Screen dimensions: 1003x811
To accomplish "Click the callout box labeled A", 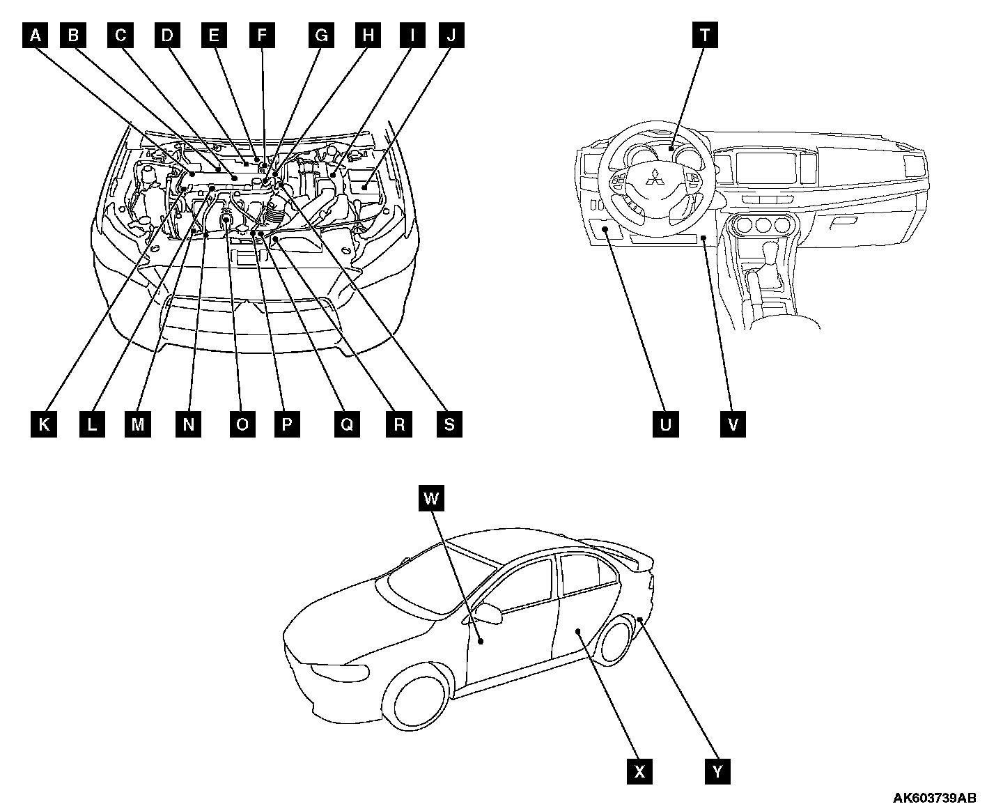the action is tap(35, 35).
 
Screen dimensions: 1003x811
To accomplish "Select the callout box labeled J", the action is tap(451, 35).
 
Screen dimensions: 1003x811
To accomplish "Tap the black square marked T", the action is tap(705, 35).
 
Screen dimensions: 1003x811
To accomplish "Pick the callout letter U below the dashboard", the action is tap(665, 424).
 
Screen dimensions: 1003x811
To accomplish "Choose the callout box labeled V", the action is tap(733, 424).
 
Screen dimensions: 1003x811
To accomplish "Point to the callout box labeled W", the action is tap(432, 498).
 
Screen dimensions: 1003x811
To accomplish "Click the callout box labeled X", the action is tap(639, 771).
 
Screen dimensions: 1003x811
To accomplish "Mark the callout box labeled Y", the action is tap(717, 771).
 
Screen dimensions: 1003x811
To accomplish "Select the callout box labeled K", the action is tap(44, 424).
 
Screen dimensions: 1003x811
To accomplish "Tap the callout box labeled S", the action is tap(449, 424).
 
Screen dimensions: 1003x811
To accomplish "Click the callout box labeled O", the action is tap(242, 424).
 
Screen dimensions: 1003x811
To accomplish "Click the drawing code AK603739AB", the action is tap(934, 798).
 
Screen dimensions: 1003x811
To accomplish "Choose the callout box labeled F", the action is tap(262, 35).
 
